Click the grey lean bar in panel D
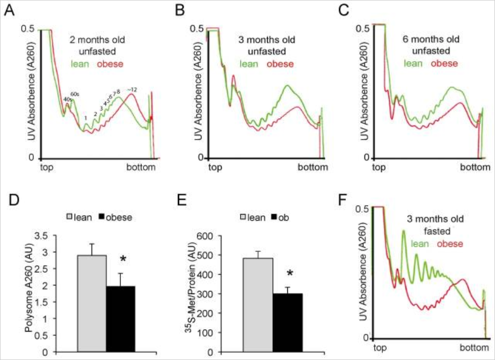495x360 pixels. (92, 303)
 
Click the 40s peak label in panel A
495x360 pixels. (67, 99)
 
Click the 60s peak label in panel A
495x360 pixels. (75, 94)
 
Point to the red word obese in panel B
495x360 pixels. (280, 64)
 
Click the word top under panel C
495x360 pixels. (379, 167)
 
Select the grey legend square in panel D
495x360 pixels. (72, 217)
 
